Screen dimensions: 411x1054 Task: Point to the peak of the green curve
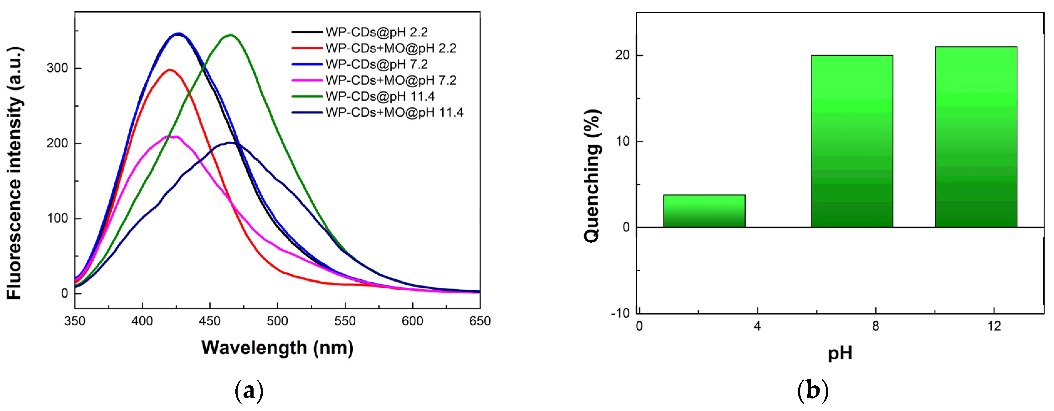point(231,35)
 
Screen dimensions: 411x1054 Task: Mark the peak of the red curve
point(169,69)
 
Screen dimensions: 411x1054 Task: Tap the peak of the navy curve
point(231,143)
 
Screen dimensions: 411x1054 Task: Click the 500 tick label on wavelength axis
point(277,321)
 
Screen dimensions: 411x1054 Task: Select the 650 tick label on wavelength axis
point(480,321)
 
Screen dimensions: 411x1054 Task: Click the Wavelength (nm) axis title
point(277,348)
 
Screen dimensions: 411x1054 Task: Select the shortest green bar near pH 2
point(704,211)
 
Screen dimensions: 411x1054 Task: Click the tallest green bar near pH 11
point(976,137)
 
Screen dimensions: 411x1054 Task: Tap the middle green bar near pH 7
point(852,141)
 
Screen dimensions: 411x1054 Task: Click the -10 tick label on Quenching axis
point(620,313)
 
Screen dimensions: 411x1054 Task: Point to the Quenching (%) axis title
point(592,176)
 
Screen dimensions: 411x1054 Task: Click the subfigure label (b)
point(813,391)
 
